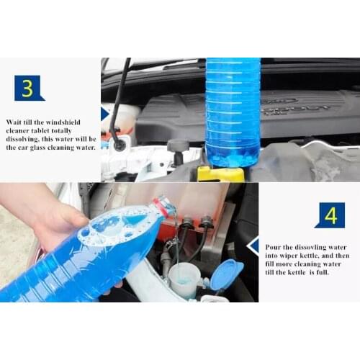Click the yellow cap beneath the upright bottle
click(x=220, y=174)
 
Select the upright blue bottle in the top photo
click(x=233, y=112)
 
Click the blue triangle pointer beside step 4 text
click(x=253, y=246)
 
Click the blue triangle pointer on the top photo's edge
click(x=105, y=114)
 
